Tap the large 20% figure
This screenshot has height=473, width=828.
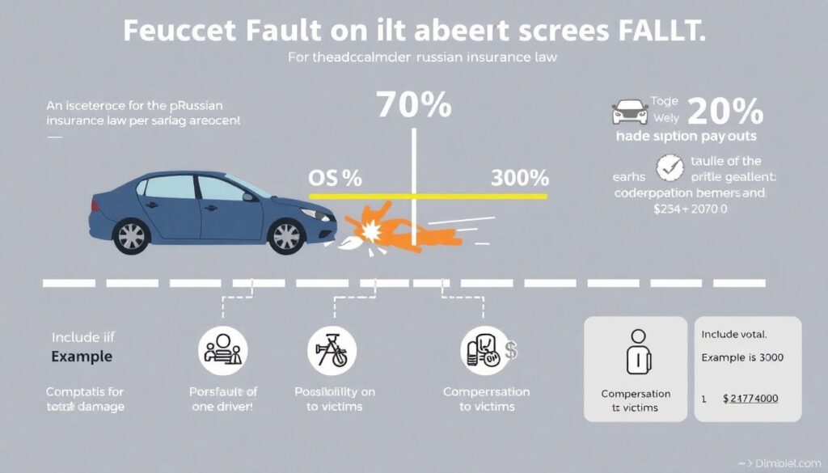(724, 110)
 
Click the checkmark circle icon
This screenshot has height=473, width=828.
(669, 166)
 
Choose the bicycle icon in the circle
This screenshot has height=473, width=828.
(332, 351)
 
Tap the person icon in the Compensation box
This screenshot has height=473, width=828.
(639, 353)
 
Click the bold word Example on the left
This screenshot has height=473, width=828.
(82, 356)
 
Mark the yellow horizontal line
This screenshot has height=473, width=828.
(429, 196)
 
